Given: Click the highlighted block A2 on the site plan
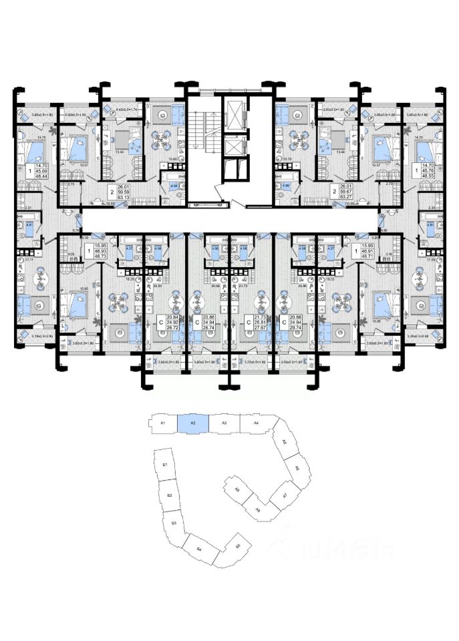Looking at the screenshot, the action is [192, 423].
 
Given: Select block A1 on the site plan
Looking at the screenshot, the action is [162, 423].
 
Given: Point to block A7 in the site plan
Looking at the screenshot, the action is [284, 495].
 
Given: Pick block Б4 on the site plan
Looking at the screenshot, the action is [199, 549].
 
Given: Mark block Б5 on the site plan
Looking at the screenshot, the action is [238, 547].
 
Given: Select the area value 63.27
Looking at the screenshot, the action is [345, 197].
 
